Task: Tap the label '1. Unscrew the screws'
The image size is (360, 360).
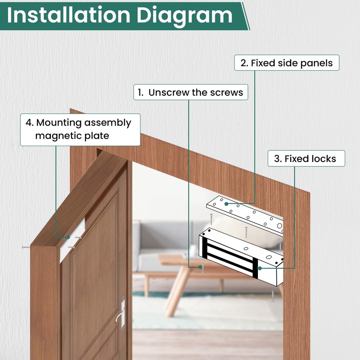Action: pyautogui.click(x=190, y=93)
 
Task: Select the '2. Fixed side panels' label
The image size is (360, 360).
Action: pyautogui.click(x=286, y=63)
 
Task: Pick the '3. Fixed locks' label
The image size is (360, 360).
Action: pyautogui.click(x=305, y=159)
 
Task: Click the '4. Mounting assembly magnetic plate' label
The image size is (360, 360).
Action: pyautogui.click(x=80, y=129)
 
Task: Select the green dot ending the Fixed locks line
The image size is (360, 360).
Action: pyautogui.click(x=260, y=268)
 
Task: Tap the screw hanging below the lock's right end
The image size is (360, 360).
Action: pyautogui.click(x=273, y=297)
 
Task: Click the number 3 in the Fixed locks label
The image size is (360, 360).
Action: pyautogui.click(x=276, y=159)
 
